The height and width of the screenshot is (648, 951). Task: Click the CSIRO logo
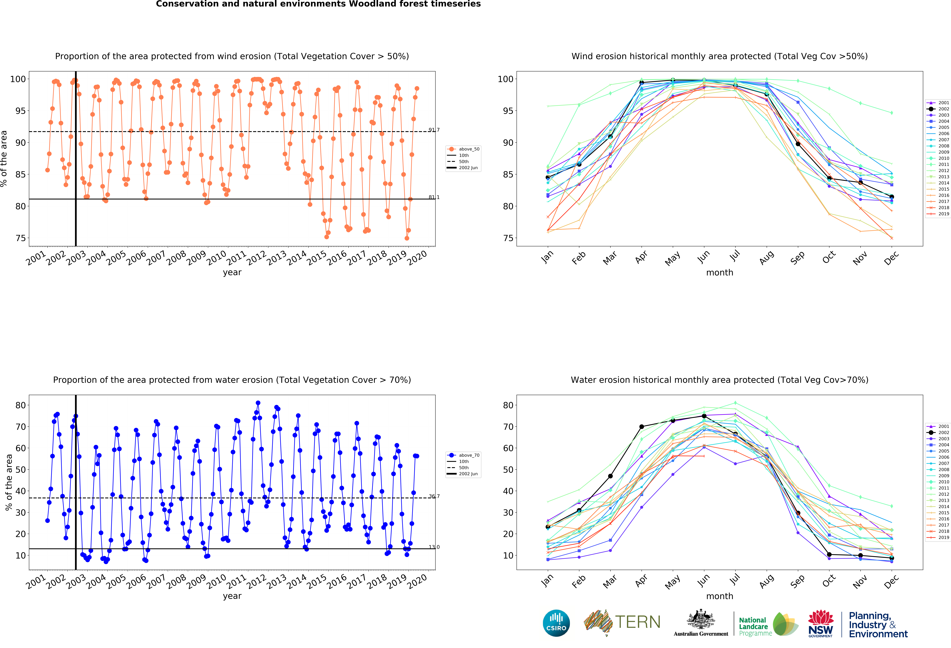click(556, 623)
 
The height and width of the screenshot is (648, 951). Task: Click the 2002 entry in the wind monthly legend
click(938, 109)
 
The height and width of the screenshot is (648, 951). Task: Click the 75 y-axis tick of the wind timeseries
click(20, 238)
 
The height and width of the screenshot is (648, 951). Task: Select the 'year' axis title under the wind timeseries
click(232, 272)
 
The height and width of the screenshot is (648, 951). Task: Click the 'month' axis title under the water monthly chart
click(719, 596)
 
